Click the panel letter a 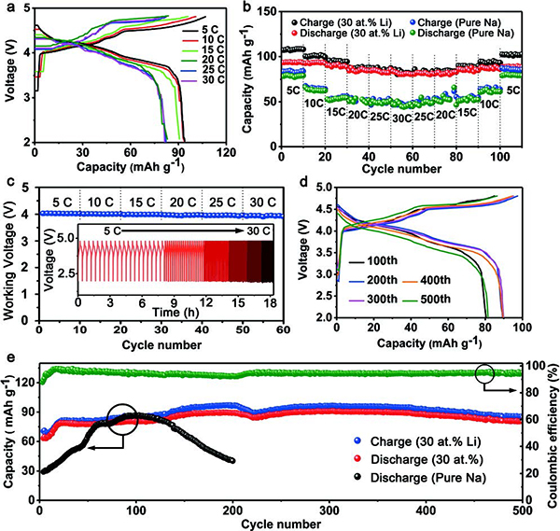tap(8, 8)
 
